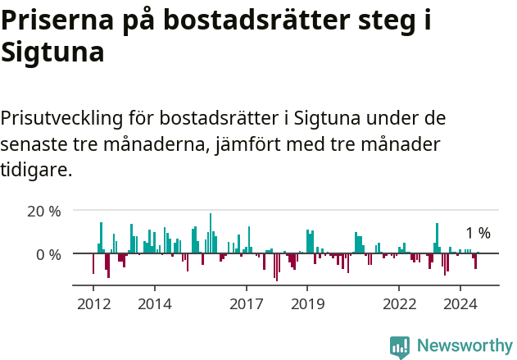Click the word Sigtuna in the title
coord(52,52)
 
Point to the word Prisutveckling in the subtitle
coord(61,118)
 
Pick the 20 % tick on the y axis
coord(44,211)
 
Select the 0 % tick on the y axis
coord(49,254)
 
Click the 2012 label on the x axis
coord(93,304)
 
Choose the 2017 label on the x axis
coord(246,304)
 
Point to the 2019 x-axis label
coord(307,304)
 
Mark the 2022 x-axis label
coord(399,304)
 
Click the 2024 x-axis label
coord(460,304)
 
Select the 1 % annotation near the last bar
coord(478,234)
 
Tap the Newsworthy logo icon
coord(400,346)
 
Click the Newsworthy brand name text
coord(465,346)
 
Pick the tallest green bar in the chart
coord(211,234)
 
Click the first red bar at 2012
coord(93,263)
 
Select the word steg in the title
coord(383,21)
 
